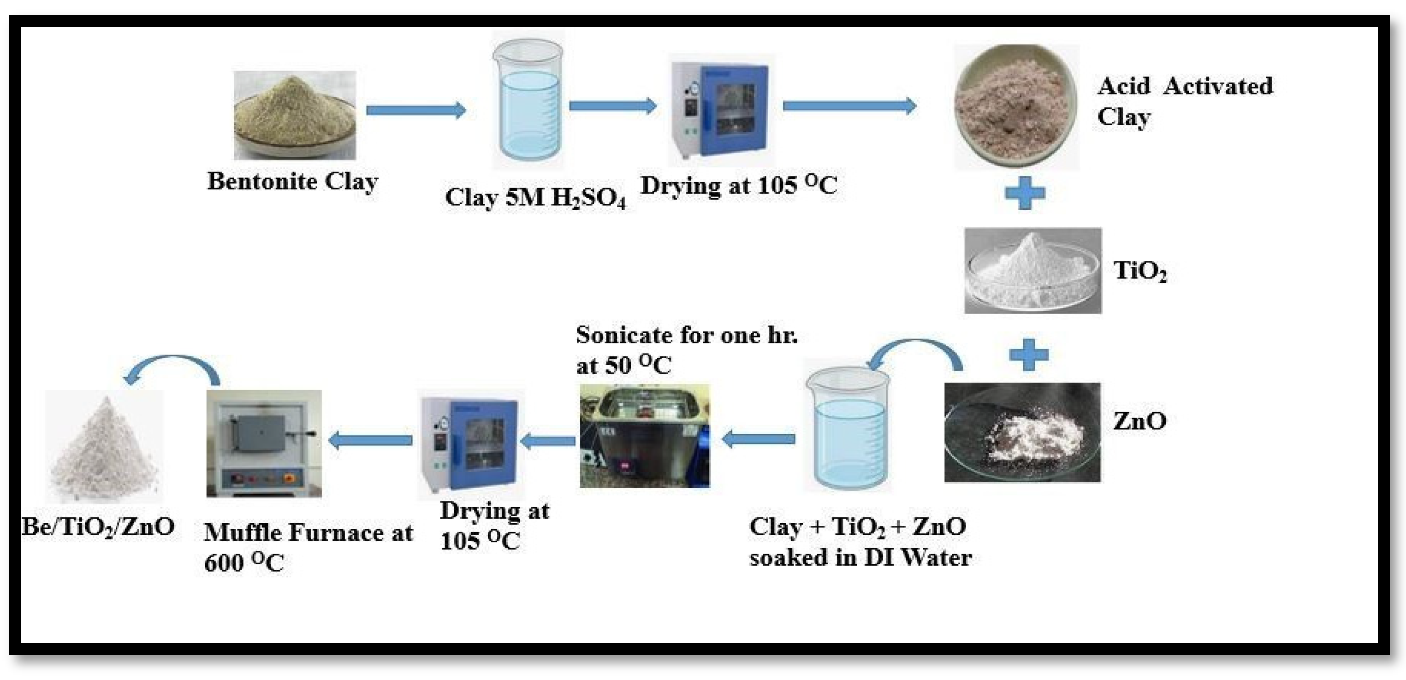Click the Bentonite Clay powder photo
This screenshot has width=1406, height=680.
(x=295, y=116)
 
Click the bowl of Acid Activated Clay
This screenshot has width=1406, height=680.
(x=1016, y=107)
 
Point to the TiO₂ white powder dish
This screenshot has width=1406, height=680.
(x=1032, y=271)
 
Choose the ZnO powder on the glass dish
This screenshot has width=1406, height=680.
(x=1022, y=432)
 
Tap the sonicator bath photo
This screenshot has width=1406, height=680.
(x=645, y=436)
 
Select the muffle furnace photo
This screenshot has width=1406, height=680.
(x=264, y=443)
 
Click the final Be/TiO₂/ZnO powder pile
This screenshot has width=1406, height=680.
(x=104, y=446)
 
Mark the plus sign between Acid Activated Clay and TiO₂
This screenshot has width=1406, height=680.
(x=1025, y=193)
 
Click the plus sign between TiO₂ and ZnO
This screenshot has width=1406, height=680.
(x=1029, y=355)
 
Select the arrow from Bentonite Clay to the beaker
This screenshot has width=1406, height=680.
(x=416, y=110)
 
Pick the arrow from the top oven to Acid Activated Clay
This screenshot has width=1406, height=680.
(x=849, y=106)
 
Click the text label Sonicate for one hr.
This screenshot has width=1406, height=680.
(x=686, y=335)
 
